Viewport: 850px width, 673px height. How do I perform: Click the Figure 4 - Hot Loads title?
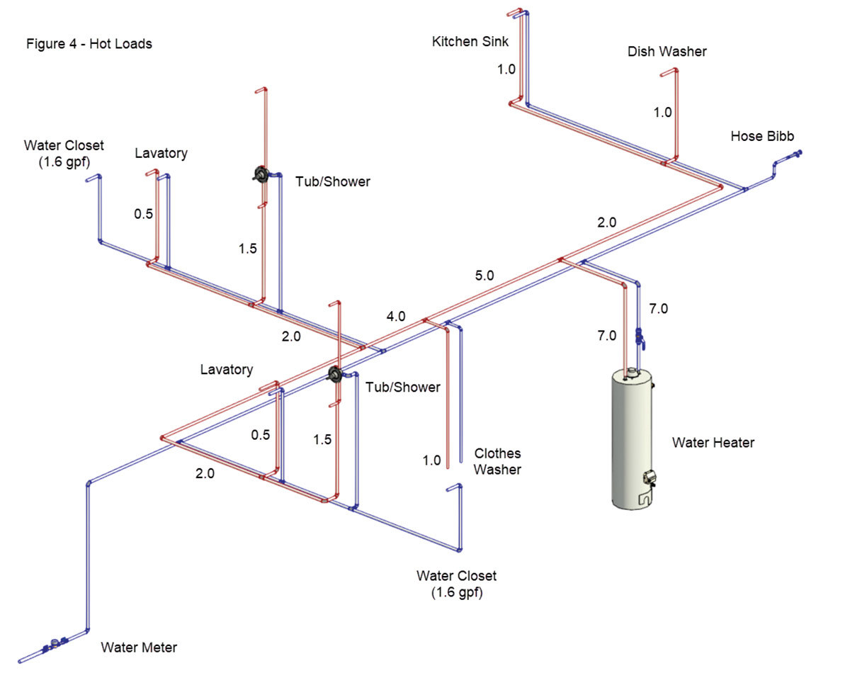(x=89, y=44)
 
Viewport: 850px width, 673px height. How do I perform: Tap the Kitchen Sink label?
(x=470, y=42)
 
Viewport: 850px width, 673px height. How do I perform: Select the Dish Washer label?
(x=667, y=52)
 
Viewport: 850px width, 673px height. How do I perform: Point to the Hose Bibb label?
(x=762, y=136)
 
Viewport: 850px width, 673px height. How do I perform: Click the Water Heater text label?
(x=713, y=443)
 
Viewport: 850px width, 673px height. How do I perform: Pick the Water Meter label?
(x=139, y=647)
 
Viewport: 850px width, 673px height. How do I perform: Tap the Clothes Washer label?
(x=497, y=461)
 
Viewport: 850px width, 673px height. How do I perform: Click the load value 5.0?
(x=484, y=276)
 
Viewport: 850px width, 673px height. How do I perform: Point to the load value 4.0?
(x=396, y=317)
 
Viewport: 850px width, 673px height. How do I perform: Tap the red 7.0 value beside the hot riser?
(x=606, y=336)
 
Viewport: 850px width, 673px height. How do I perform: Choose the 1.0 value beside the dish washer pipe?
(x=662, y=112)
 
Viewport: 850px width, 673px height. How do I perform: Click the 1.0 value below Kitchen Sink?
(x=506, y=70)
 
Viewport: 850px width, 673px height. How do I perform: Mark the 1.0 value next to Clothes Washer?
(x=431, y=460)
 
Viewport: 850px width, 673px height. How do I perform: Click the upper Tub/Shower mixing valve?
(x=261, y=175)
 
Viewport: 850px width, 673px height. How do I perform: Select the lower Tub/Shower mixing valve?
(x=336, y=375)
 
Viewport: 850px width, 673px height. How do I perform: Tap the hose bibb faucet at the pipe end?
(x=797, y=154)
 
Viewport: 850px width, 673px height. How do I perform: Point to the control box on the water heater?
(x=647, y=479)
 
